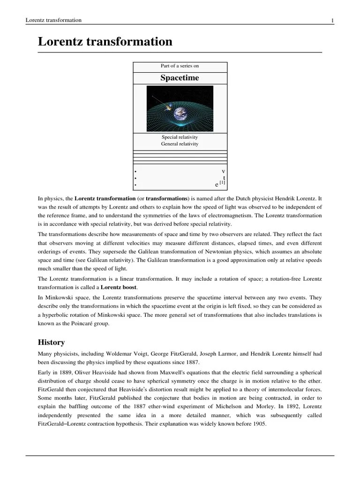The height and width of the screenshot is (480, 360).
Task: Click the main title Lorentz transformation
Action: coord(105,42)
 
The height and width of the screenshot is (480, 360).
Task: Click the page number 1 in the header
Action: coord(332,20)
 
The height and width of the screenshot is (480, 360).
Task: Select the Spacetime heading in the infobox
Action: coord(180,78)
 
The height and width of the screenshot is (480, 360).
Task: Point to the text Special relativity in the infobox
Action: coord(180,137)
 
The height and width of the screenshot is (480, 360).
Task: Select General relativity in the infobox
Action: coord(180,144)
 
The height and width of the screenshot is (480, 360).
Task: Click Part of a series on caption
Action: coord(180,66)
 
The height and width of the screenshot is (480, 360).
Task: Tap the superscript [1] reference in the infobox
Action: coord(222,183)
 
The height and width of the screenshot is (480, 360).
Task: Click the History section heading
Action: coord(51,342)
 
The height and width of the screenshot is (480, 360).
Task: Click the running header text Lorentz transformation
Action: coord(53,20)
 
